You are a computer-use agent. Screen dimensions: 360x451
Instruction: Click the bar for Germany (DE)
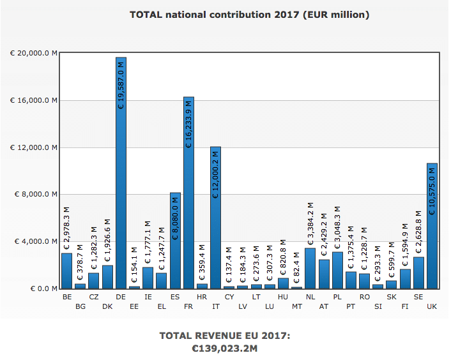121,191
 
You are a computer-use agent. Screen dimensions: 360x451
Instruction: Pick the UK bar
432,255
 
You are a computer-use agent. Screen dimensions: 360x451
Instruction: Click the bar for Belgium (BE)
66,271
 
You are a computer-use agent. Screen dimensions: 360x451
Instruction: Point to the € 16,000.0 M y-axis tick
34,100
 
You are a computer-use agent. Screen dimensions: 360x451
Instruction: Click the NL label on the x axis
310,297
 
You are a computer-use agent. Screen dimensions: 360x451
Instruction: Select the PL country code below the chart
337,297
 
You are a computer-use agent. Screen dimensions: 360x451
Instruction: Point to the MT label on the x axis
297,307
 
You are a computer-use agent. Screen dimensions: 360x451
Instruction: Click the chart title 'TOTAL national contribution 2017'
249,14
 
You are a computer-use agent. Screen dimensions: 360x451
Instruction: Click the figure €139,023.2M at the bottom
225,349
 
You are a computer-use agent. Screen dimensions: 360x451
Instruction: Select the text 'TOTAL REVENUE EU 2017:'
225,336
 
